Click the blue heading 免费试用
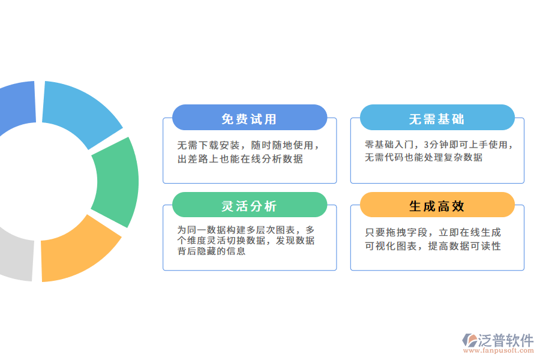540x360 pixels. click(249, 119)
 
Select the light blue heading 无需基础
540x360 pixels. click(437, 119)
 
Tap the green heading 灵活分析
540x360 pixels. click(249, 206)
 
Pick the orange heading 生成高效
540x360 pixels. click(437, 206)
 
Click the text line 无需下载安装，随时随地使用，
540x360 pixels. click(248, 145)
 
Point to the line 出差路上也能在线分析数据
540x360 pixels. click(240, 159)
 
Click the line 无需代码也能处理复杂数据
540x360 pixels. click(424, 158)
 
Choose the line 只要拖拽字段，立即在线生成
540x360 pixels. click(433, 232)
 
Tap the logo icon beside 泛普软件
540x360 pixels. click(469, 341)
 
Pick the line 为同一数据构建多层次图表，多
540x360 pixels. click(245, 230)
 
